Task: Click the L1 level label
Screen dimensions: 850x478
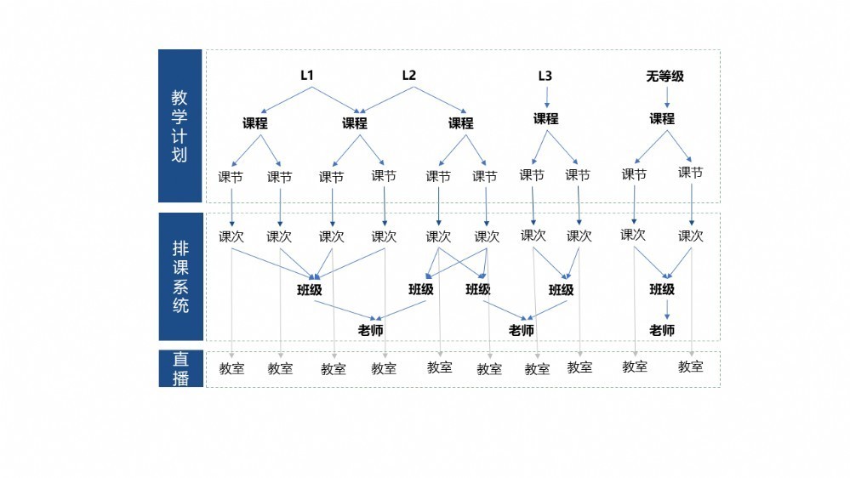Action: [x=307, y=76]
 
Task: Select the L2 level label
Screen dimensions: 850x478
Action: [x=409, y=76]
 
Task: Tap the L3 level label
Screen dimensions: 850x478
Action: [x=545, y=76]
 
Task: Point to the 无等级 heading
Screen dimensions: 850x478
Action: [x=665, y=76]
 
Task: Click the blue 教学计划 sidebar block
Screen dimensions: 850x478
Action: [x=180, y=126]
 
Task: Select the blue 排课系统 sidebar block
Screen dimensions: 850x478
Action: [x=181, y=276]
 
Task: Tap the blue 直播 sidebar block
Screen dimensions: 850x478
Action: [x=181, y=368]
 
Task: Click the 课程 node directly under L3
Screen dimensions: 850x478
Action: [x=546, y=119]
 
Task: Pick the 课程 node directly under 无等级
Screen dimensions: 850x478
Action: [x=662, y=119]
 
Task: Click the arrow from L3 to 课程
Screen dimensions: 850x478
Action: [x=546, y=97]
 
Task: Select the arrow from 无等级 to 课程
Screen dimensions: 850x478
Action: [x=667, y=97]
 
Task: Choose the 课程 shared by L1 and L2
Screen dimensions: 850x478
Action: [x=355, y=123]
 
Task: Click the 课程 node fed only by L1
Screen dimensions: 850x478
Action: [x=254, y=123]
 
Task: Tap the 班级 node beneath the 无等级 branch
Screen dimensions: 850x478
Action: [x=662, y=289]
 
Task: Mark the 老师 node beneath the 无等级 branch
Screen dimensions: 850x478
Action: [x=662, y=330]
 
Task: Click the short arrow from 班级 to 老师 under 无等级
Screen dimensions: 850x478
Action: [x=667, y=310]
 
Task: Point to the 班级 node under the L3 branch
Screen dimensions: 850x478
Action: [x=561, y=290]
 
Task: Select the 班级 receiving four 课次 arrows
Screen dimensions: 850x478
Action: [x=310, y=290]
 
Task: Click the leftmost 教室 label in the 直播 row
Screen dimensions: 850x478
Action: [x=231, y=368]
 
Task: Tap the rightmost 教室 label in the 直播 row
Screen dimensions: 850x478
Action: [x=690, y=367]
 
